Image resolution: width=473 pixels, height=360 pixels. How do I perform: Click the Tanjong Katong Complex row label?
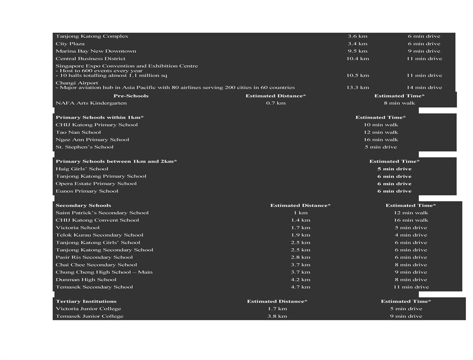point(92,36)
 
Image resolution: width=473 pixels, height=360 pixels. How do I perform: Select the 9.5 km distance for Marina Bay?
point(357,51)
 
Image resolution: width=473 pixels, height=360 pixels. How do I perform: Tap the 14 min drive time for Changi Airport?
point(424,87)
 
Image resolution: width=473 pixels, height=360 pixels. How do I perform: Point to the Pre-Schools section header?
point(131,95)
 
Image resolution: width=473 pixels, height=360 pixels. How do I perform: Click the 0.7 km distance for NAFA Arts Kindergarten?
point(275,103)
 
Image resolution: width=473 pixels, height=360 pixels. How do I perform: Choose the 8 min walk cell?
point(399,103)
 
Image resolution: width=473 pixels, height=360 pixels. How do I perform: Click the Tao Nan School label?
point(78,132)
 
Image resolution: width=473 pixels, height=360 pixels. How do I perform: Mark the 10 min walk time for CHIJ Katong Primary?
point(381,125)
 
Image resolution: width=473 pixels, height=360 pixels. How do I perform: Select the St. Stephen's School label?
point(84,147)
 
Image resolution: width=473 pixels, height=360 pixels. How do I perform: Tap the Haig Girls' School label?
point(82,169)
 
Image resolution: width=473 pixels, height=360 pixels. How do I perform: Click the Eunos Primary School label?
point(87,191)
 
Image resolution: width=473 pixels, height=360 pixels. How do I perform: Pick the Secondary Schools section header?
point(83,205)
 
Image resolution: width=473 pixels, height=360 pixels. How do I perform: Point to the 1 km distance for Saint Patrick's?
point(300,212)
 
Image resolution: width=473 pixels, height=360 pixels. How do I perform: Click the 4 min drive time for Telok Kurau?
point(410,235)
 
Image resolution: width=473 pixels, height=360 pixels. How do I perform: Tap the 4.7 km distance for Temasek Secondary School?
point(300,287)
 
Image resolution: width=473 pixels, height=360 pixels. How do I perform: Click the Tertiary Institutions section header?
point(86,301)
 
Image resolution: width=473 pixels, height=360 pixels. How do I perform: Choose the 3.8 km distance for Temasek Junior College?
point(277,316)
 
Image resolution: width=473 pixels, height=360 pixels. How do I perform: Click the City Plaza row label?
point(70,44)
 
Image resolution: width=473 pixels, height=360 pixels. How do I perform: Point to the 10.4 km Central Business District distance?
point(357,58)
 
